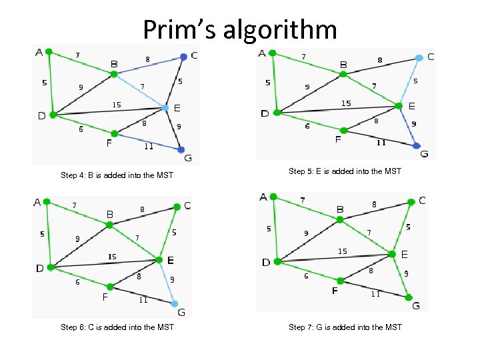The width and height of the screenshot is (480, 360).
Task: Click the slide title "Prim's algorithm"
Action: [x=239, y=30]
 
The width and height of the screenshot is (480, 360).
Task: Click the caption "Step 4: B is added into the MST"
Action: [x=117, y=175]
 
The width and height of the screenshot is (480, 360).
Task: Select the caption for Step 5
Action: [x=345, y=171]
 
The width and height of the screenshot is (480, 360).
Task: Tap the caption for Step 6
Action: [x=117, y=327]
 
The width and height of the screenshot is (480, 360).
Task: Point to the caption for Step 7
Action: [x=345, y=327]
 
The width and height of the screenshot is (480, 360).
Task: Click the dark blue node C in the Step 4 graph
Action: [x=183, y=57]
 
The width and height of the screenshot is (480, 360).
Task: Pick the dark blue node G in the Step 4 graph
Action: [x=181, y=149]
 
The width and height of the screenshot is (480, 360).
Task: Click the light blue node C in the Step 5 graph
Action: [x=419, y=58]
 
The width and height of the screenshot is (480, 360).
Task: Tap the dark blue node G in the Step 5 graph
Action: [x=416, y=145]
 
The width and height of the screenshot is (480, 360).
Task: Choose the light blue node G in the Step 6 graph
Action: [x=175, y=303]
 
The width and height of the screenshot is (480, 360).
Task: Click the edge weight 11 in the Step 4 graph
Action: [x=149, y=147]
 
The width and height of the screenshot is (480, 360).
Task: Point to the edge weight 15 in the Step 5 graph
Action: [x=346, y=103]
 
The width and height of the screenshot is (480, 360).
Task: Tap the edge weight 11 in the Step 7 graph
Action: [x=375, y=294]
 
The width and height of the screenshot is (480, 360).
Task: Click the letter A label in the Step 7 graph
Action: [x=264, y=197]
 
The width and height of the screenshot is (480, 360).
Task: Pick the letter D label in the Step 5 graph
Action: [x=265, y=113]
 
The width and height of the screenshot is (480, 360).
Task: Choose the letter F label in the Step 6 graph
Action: [x=105, y=297]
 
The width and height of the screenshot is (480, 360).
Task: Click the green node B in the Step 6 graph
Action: [x=109, y=225]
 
